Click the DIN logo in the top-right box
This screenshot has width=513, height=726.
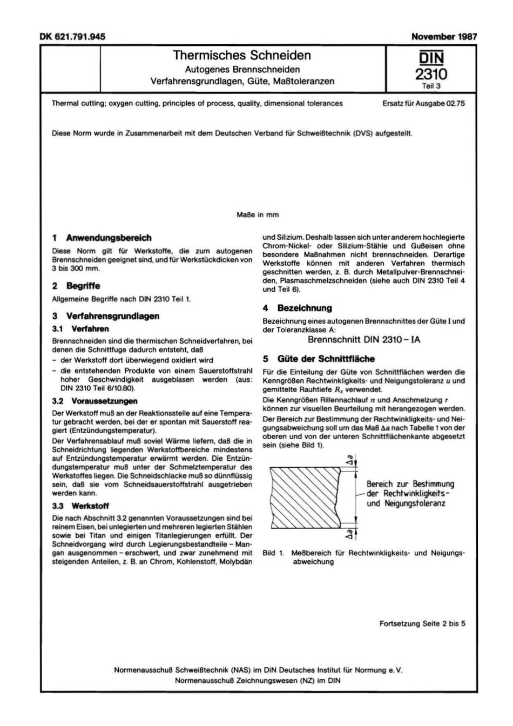pos(431,57)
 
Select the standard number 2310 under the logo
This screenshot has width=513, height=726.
pos(431,74)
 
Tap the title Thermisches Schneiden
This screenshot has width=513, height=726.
pos(242,55)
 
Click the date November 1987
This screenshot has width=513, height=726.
pos(444,37)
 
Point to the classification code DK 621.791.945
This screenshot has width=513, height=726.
pos(73,37)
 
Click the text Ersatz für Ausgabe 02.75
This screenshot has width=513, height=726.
pos(423,103)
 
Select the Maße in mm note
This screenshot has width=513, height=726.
pos(258,215)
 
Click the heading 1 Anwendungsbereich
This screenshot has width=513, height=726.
pos(102,238)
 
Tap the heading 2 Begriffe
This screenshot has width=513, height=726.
pos(76,286)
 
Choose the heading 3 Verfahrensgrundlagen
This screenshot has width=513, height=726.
pos(106,316)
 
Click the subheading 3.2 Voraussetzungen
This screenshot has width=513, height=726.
pos(94,401)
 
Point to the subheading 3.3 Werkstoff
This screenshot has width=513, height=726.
pos(80,506)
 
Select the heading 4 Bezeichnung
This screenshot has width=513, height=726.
pos(297,308)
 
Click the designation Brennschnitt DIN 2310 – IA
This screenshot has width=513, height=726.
pos(363,340)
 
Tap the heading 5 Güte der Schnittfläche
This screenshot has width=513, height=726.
pos(318,359)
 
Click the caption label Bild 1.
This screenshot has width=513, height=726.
pos(273,553)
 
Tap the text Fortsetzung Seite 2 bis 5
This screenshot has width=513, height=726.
pos(422,623)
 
